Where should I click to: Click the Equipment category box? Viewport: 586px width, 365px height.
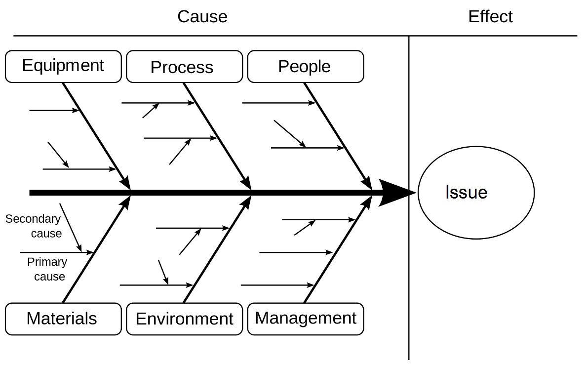[63, 66]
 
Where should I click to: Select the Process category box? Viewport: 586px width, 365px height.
[184, 67]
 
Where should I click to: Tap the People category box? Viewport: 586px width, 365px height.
[305, 66]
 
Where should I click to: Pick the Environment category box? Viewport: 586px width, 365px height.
[184, 319]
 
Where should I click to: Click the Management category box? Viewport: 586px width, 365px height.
[305, 319]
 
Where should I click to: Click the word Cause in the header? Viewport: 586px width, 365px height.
[202, 17]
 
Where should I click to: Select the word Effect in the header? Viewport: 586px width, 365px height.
[490, 17]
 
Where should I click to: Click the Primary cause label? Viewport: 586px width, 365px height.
[46, 269]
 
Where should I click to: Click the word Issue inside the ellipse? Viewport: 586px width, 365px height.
[466, 192]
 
